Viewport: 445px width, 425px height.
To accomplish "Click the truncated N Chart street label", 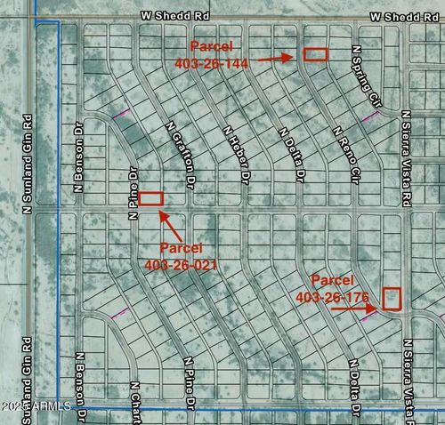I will pyautogui.click(x=134, y=402).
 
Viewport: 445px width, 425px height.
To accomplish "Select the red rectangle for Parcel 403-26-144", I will pyautogui.click(x=316, y=54).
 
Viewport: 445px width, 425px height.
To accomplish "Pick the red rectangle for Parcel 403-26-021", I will pyautogui.click(x=150, y=199).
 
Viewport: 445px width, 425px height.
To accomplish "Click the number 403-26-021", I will pyautogui.click(x=182, y=265).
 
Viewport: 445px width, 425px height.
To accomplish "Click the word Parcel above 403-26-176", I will pyautogui.click(x=333, y=278).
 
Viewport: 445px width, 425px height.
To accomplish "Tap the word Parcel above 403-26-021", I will pyautogui.click(x=182, y=247).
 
